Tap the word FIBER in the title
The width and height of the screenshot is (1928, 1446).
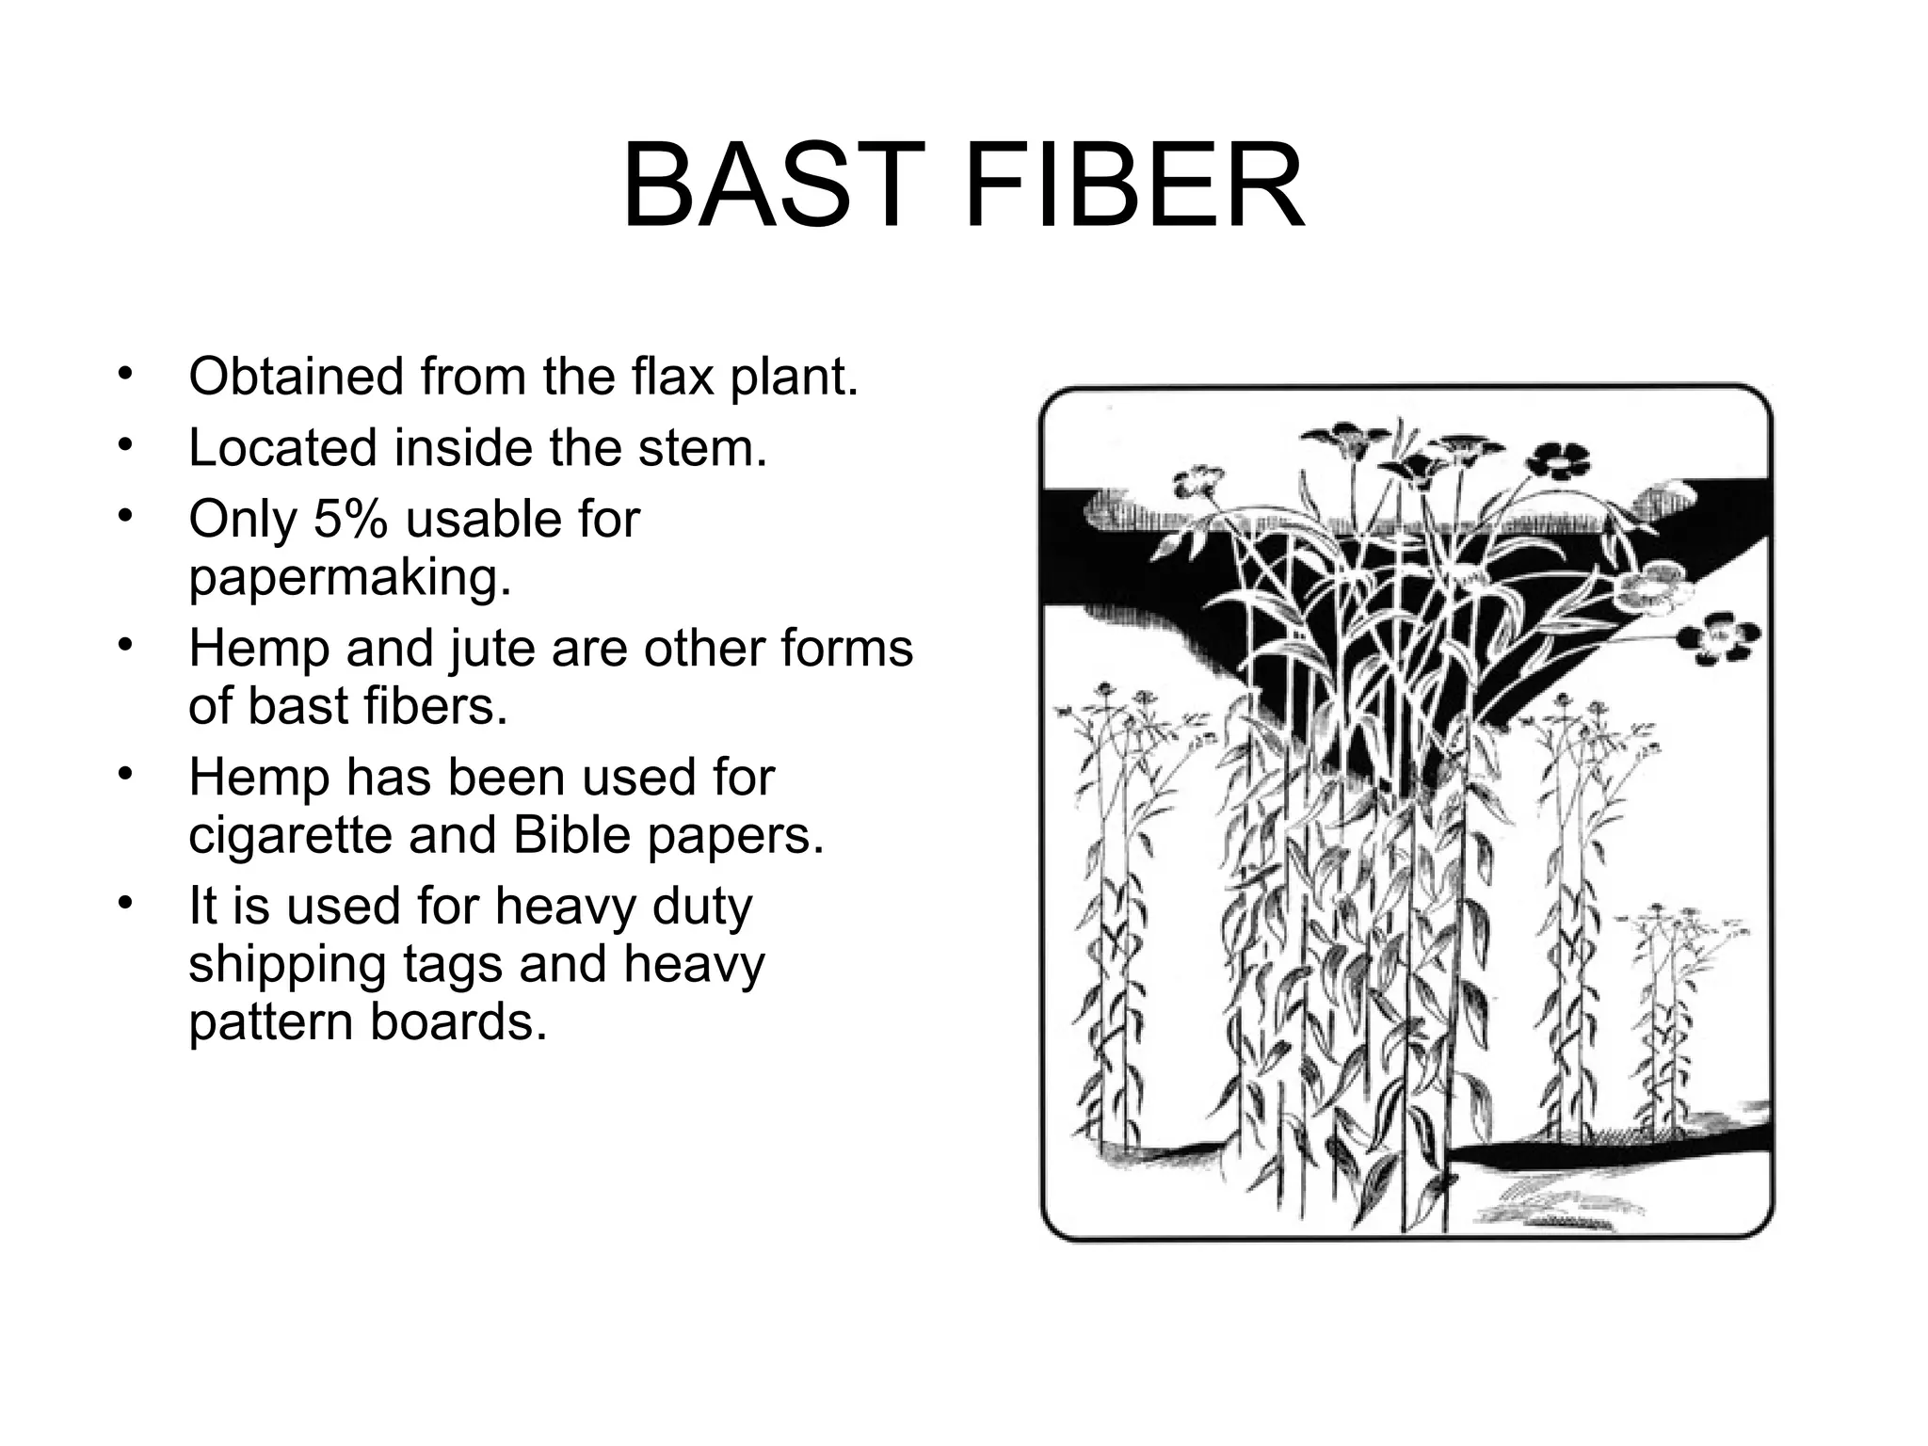1134,185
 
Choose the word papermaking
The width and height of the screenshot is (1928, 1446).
349,578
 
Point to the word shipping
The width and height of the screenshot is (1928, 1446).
287,965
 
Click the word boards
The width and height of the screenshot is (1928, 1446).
458,1022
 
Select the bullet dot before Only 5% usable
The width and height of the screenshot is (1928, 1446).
123,516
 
